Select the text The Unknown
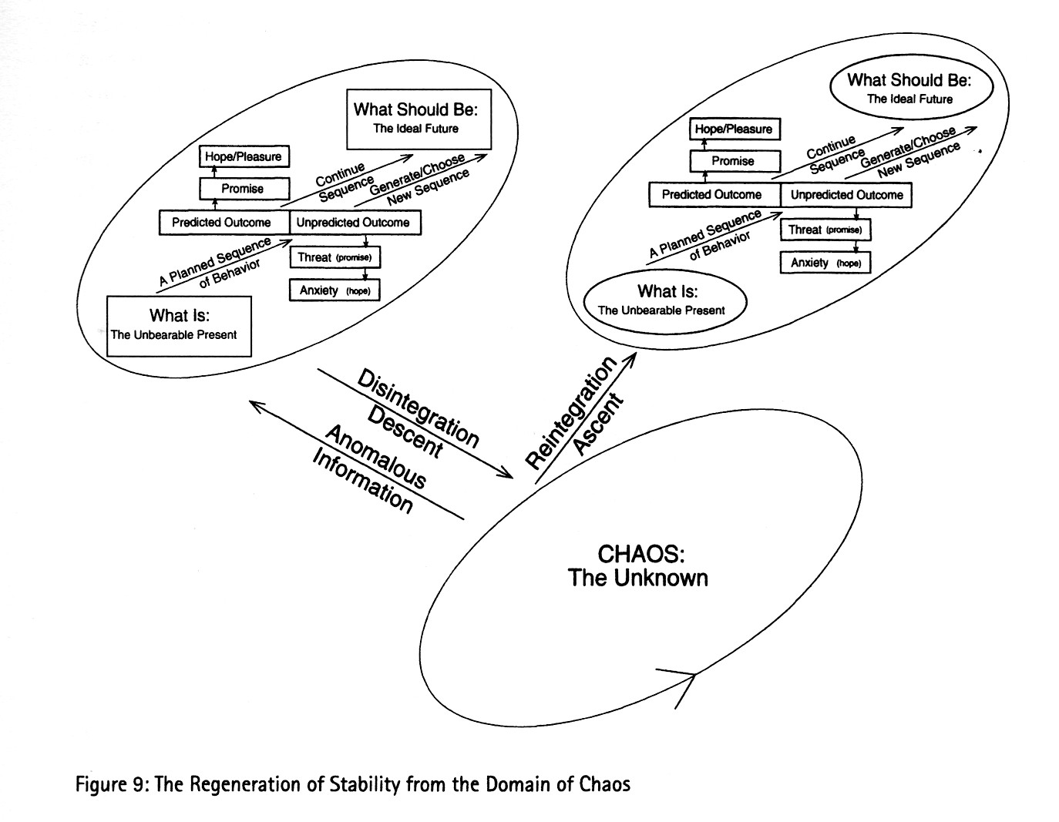pyautogui.click(x=638, y=578)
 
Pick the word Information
pyautogui.click(x=362, y=482)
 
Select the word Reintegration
pyautogui.click(x=571, y=413)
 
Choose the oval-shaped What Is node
pyautogui.click(x=666, y=300)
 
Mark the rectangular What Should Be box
pyautogui.click(x=419, y=117)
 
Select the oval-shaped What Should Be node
pyautogui.click(x=909, y=88)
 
